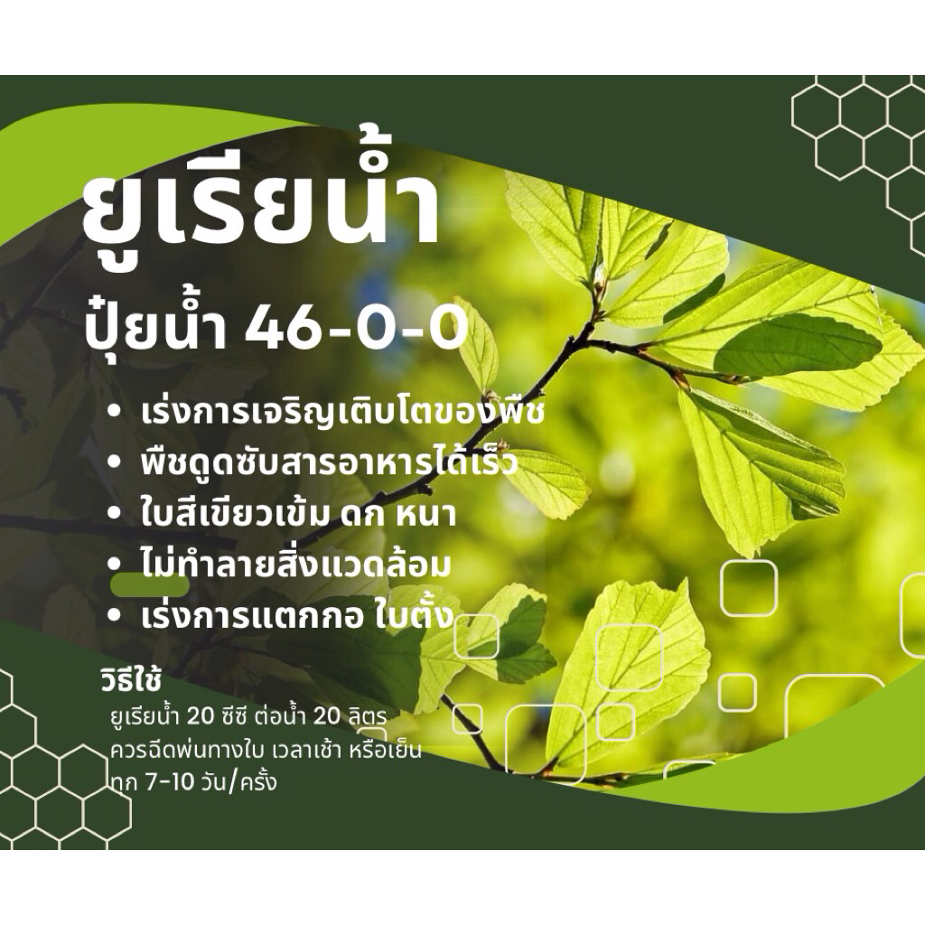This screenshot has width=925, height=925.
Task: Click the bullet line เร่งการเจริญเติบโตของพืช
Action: click(342, 415)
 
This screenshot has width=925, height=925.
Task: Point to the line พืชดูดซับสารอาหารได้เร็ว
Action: click(329, 465)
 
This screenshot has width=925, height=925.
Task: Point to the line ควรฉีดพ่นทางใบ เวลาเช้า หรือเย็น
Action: click(265, 750)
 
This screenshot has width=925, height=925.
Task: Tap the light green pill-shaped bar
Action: click(149, 585)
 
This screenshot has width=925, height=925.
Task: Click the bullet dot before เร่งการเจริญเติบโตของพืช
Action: click(114, 415)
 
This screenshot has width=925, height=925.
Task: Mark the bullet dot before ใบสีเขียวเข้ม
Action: click(114, 516)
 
